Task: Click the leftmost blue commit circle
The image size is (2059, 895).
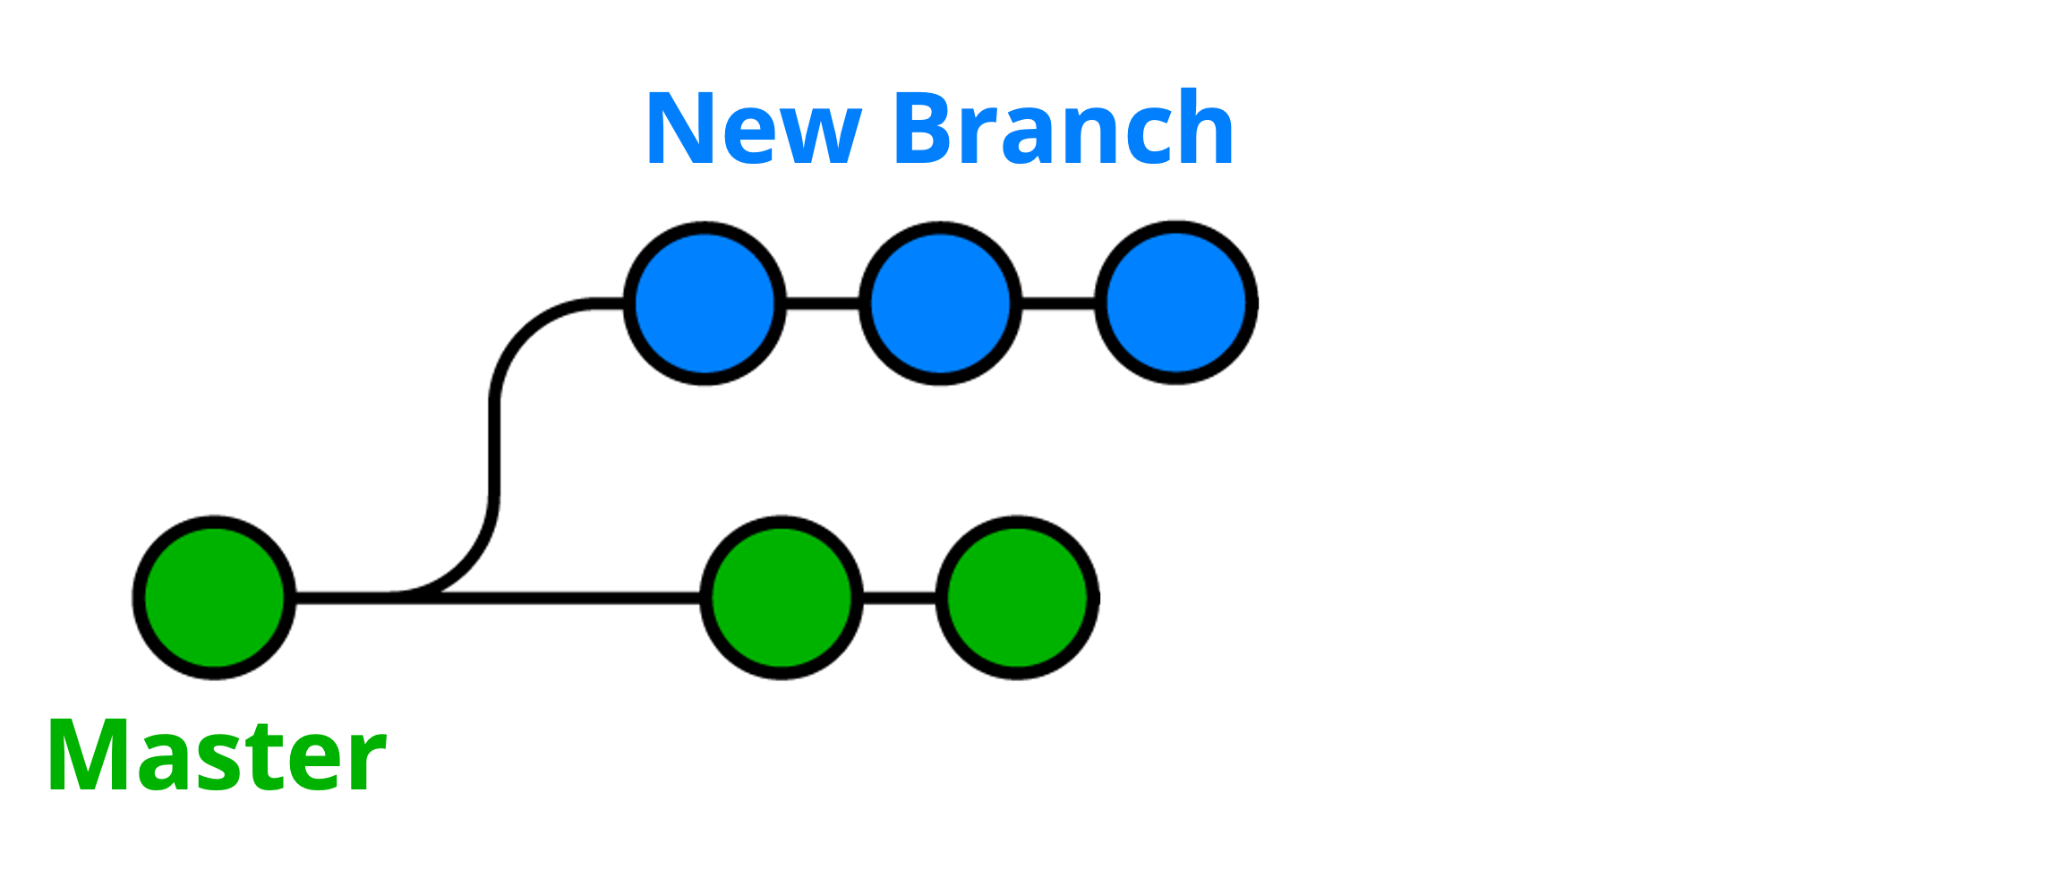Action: point(705,303)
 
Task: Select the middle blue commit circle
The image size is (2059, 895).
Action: point(940,303)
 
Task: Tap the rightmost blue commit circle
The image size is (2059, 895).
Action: point(1176,303)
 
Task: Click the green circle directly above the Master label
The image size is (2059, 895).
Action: point(214,598)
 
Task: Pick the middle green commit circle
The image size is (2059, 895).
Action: point(782,598)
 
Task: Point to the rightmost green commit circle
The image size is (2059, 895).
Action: point(1017,598)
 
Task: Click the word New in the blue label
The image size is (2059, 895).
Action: point(753,129)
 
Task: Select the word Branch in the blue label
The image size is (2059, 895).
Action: point(1064,127)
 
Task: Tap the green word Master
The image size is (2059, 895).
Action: point(217,754)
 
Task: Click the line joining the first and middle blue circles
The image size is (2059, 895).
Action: point(823,304)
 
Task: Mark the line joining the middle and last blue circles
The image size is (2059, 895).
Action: point(1058,304)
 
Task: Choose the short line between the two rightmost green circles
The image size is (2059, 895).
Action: point(900,598)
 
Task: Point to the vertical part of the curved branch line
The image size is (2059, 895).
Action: point(494,447)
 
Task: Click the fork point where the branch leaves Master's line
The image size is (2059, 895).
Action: point(394,597)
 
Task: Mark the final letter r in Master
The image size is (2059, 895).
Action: point(367,763)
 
